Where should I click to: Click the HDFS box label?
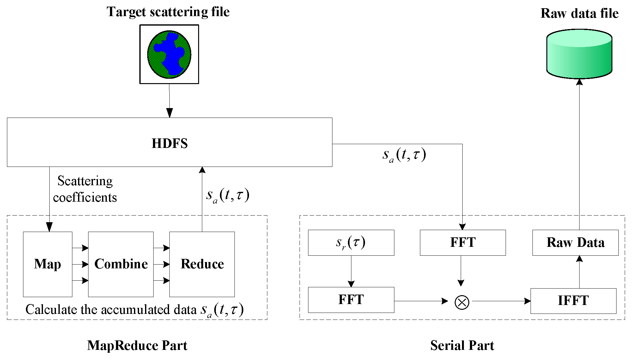pos(170,143)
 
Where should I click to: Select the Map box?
pos(48,264)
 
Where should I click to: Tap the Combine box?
pos(121,264)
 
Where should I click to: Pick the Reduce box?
pos(202,264)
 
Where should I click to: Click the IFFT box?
pos(573,301)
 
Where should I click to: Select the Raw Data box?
pos(575,242)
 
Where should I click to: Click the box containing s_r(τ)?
pos(351,242)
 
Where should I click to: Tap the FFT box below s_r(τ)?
pos(351,300)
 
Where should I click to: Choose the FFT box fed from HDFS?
pos(463,242)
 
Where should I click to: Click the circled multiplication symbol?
pos(462,302)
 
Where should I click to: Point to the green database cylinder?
pos(579,54)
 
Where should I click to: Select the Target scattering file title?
pos(168,12)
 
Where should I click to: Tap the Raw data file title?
pos(579,13)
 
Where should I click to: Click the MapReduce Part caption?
pos(137,345)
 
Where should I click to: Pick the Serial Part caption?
pos(462,345)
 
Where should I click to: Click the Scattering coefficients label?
pos(85,189)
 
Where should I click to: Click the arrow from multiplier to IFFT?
pos(501,301)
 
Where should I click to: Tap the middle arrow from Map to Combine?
pos(80,264)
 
